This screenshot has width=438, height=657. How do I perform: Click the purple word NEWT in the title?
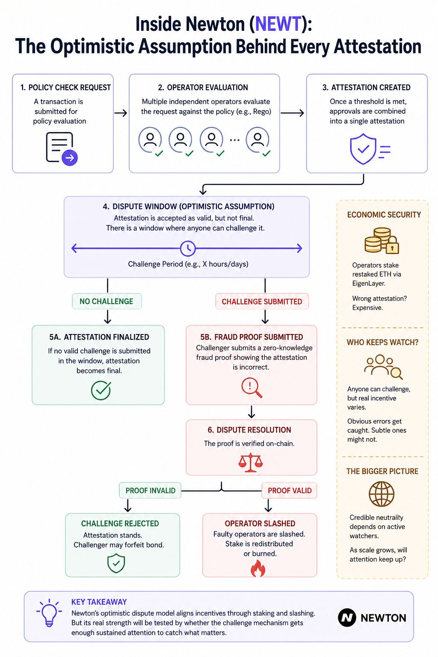pyautogui.click(x=278, y=24)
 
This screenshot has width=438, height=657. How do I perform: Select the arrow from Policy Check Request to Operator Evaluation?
pyautogui.click(x=121, y=113)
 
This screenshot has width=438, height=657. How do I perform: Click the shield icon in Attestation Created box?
pyautogui.click(x=363, y=149)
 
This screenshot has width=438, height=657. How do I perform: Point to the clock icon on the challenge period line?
pyautogui.click(x=187, y=249)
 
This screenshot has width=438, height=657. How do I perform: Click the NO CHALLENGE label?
pyautogui.click(x=107, y=301)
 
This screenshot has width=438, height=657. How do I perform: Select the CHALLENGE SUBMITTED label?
pyautogui.click(x=262, y=302)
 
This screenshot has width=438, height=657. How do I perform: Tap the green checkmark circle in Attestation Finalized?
pyautogui.click(x=101, y=390)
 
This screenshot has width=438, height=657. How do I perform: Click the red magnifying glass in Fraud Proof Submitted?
pyautogui.click(x=252, y=388)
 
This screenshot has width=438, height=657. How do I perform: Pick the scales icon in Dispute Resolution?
pyautogui.click(x=251, y=462)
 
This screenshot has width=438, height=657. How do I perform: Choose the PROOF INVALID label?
pyautogui.click(x=150, y=491)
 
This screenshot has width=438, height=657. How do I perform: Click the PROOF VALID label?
pyautogui.click(x=290, y=491)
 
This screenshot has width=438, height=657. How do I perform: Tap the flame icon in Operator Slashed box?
pyautogui.click(x=258, y=568)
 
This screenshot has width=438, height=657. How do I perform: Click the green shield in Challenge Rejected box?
pyautogui.click(x=116, y=563)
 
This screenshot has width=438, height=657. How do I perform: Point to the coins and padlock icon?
pyautogui.click(x=382, y=240)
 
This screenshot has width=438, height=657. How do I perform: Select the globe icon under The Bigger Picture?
pyautogui.click(x=382, y=494)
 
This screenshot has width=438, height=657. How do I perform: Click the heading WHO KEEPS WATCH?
pyautogui.click(x=382, y=342)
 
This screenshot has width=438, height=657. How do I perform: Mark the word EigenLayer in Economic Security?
pyautogui.click(x=369, y=283)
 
